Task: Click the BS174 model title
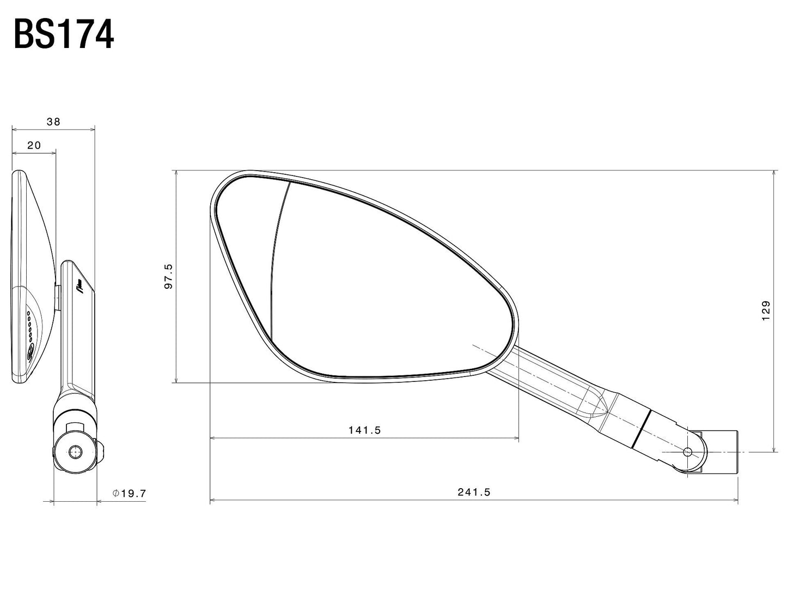coord(63,35)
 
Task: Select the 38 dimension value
coord(53,122)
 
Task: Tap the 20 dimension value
coord(34,145)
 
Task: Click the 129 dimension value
coord(766,311)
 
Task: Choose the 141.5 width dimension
coord(364,430)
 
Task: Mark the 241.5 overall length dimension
coord(474,492)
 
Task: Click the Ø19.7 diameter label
coord(130,494)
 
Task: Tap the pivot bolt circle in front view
coord(687,452)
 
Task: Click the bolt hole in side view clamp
coord(75,451)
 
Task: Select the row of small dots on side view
coord(29,327)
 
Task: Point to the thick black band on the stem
coord(642,428)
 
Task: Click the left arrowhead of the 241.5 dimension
coord(213,498)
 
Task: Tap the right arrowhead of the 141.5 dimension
coord(515,437)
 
